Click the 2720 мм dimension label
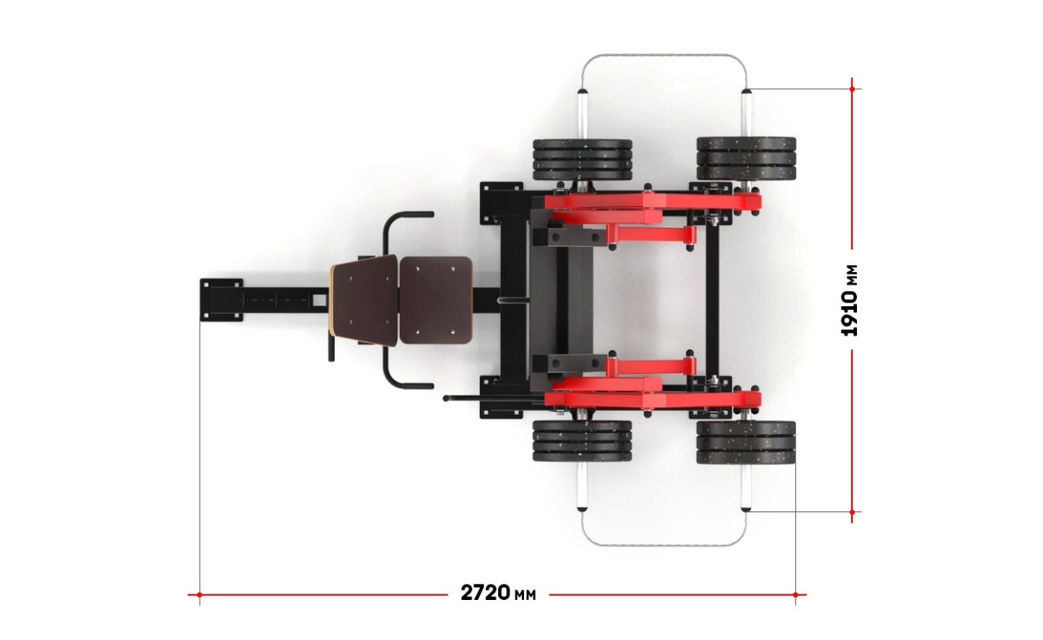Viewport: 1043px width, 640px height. (x=498, y=593)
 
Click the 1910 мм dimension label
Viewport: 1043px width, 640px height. (x=849, y=300)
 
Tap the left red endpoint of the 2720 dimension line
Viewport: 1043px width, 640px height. (x=200, y=595)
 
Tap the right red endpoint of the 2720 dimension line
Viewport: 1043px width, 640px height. (x=796, y=595)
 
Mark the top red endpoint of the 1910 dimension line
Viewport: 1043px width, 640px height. (x=852, y=89)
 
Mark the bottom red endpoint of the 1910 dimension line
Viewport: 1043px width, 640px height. (x=852, y=512)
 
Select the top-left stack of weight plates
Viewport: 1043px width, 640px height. (x=582, y=160)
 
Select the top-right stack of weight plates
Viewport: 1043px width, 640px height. (x=747, y=158)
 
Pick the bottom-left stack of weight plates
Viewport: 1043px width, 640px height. (x=582, y=441)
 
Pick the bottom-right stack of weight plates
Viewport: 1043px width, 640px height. (x=746, y=443)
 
